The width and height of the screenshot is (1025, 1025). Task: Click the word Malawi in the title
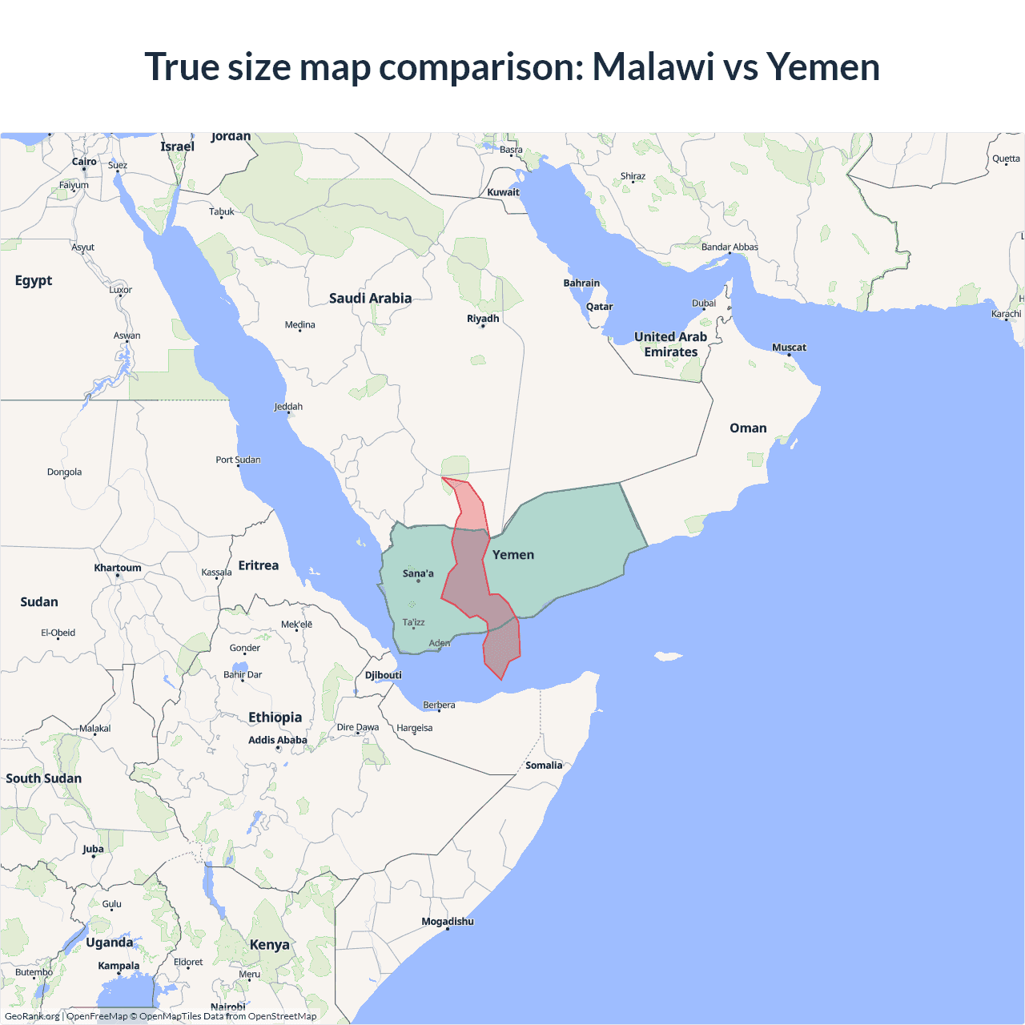653,66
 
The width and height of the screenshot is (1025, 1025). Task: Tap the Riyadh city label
483,319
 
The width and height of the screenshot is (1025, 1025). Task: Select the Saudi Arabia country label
370,298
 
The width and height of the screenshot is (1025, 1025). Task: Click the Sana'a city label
418,573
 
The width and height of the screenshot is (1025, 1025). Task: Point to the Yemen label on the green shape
513,555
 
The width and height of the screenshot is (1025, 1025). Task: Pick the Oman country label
748,428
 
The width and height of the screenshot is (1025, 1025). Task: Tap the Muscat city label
789,348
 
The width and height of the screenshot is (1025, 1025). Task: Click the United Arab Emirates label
671,344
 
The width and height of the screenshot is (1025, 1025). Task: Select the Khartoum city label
118,568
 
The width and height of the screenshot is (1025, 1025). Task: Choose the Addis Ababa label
278,740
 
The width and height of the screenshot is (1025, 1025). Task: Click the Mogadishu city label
448,922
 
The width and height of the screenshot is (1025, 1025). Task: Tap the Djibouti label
384,675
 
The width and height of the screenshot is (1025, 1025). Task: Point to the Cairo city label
84,162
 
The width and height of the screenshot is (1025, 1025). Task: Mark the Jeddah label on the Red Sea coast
288,407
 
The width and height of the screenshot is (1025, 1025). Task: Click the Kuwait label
503,192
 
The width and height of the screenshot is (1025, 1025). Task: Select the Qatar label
599,307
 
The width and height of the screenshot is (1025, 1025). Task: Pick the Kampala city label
119,966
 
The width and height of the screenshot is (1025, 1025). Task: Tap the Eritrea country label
259,565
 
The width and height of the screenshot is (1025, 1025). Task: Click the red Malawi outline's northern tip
443,478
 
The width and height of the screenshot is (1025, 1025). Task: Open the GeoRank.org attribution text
32,1016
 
